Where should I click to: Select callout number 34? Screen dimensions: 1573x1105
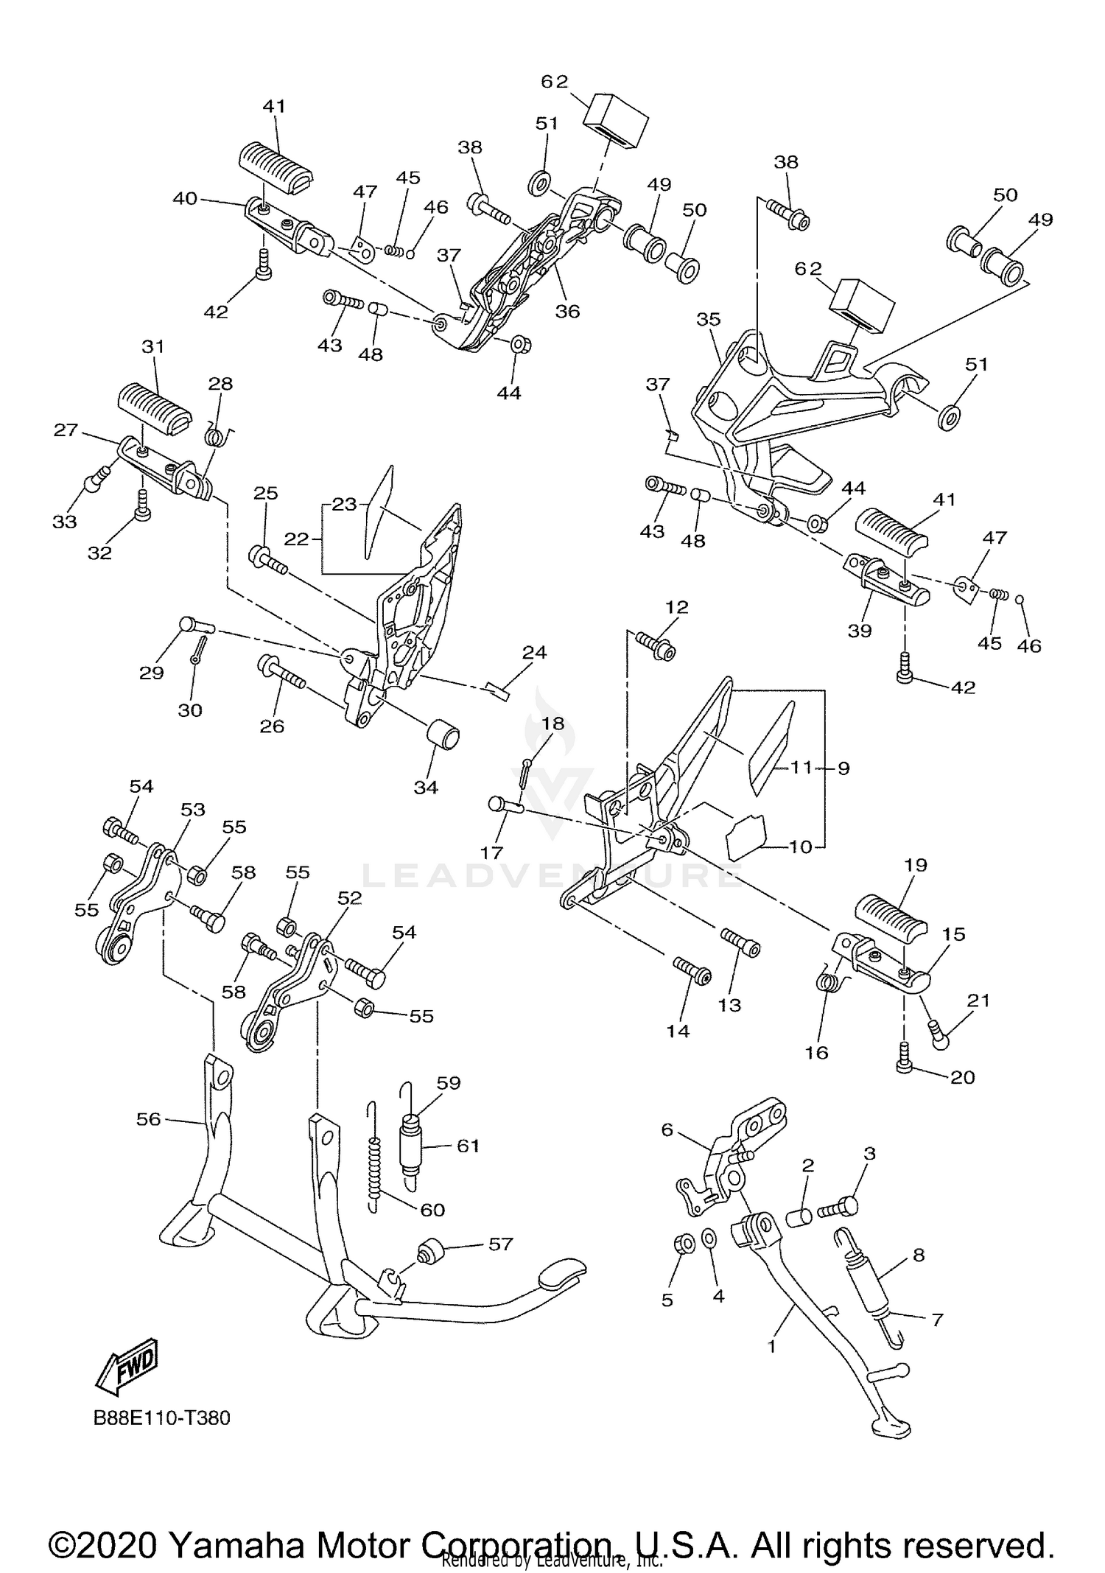click(x=425, y=787)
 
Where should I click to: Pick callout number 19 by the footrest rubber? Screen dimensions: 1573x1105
click(x=915, y=864)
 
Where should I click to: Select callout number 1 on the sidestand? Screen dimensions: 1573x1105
click(x=771, y=1346)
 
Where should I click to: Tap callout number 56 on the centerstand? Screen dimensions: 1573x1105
click(x=148, y=1119)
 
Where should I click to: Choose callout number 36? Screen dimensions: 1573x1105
click(x=567, y=311)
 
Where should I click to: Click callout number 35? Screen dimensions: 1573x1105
click(x=708, y=319)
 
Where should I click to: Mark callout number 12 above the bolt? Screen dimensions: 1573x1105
click(x=676, y=607)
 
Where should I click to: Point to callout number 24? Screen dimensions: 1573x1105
click(x=534, y=652)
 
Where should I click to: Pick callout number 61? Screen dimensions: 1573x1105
click(x=468, y=1145)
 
